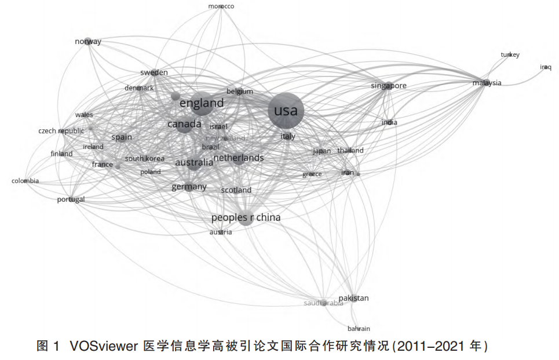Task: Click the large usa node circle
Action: tap(286, 111)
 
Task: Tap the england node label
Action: tap(202, 103)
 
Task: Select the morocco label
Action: tap(221, 6)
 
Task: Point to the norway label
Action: tap(88, 41)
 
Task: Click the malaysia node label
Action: tap(487, 83)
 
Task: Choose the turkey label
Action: tap(510, 55)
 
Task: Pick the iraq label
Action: tap(546, 67)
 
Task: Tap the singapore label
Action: tap(389, 86)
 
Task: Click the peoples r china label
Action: tap(246, 217)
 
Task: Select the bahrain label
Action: tap(359, 329)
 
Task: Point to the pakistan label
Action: tap(353, 298)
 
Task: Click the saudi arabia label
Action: tap(324, 303)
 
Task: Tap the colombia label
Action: tap(25, 181)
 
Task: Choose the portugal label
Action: tap(71, 199)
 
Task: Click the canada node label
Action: tap(184, 124)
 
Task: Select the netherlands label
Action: tap(239, 158)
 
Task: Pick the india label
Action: tap(389, 122)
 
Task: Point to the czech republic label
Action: tap(61, 131)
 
